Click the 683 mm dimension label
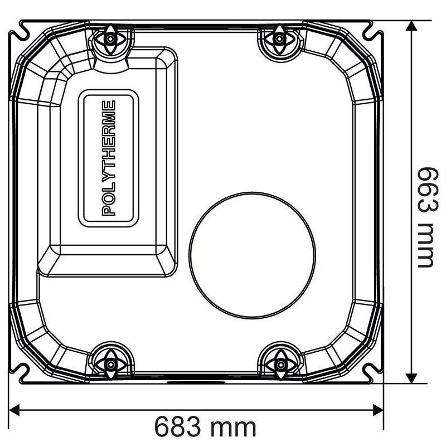pyautogui.click(x=205, y=427)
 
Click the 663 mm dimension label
pyautogui.click(x=426, y=217)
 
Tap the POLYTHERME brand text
pyautogui.click(x=109, y=158)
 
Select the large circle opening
pyautogui.click(x=252, y=255)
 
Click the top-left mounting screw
pyautogui.click(x=110, y=39)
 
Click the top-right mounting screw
pyautogui.click(x=280, y=39)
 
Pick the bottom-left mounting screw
pyautogui.click(x=110, y=365)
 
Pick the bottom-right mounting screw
pyautogui.click(x=280, y=365)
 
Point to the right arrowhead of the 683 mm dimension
pyautogui.click(x=378, y=410)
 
